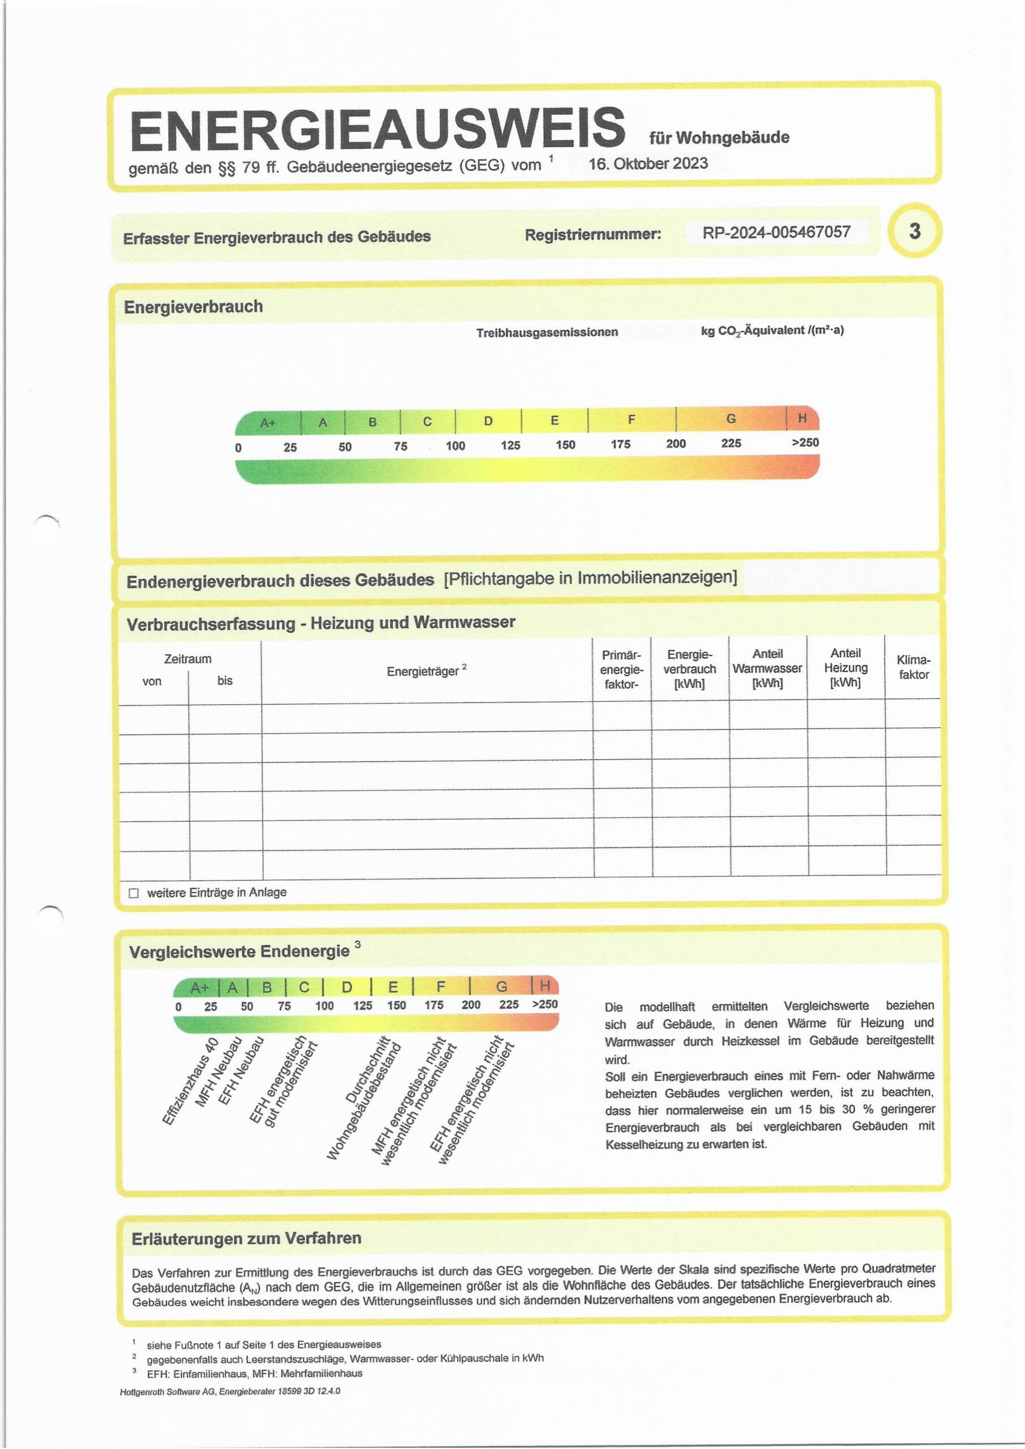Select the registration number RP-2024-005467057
(x=776, y=232)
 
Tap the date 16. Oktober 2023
(x=648, y=164)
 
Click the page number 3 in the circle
(x=915, y=232)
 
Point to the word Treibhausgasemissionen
(x=547, y=332)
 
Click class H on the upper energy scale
(x=802, y=418)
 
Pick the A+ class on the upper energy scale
(x=268, y=423)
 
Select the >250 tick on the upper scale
(x=805, y=443)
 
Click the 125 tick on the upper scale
(x=510, y=445)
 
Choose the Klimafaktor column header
(x=913, y=667)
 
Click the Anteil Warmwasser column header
(x=767, y=668)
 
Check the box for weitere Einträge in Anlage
(x=133, y=893)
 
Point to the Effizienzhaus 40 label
(x=190, y=1081)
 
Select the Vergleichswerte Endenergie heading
(x=240, y=951)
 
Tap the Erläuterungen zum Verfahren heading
(x=246, y=1238)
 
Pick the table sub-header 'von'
(x=152, y=681)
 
